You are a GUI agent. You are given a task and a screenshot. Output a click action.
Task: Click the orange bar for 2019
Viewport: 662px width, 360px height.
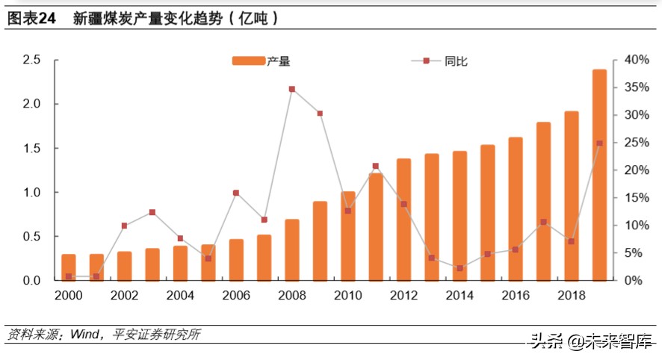(599, 176)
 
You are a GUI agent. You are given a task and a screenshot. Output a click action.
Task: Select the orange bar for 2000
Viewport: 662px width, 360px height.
(68, 267)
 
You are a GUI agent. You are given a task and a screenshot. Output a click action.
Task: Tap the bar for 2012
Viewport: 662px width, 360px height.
(403, 220)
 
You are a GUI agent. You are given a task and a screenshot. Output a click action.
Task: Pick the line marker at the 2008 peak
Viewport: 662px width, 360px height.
(291, 89)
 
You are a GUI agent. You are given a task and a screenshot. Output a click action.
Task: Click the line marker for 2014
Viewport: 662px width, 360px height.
(460, 268)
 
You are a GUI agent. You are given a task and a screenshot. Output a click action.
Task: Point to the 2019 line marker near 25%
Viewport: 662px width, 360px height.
(599, 143)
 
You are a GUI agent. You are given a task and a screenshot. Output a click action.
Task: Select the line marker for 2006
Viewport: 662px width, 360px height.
(236, 193)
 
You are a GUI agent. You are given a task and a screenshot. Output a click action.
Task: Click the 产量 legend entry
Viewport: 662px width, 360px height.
(260, 61)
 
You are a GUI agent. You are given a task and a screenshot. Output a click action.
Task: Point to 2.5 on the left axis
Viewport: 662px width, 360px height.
(31, 60)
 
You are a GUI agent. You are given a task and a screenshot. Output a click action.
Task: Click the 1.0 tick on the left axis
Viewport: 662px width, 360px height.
(31, 193)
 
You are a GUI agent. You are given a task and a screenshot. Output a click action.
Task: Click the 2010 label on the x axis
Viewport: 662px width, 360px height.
(348, 296)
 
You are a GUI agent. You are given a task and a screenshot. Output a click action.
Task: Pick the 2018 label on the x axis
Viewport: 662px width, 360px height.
(572, 296)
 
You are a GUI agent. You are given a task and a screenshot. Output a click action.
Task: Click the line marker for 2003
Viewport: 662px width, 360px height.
(152, 212)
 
